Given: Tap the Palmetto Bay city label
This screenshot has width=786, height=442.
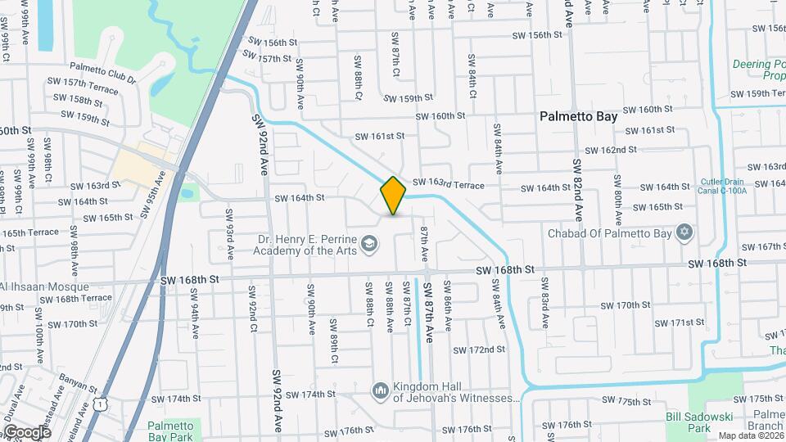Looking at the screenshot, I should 578,116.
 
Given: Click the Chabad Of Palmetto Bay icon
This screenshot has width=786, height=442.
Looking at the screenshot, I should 684,233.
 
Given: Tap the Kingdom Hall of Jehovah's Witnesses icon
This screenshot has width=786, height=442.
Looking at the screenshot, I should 379,390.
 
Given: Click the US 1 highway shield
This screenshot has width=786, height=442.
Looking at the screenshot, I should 100,404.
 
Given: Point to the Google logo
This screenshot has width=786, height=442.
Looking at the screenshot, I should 26,431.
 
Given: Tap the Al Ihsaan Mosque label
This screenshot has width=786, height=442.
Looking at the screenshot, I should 44,287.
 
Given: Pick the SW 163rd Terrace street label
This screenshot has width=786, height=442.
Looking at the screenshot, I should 448,185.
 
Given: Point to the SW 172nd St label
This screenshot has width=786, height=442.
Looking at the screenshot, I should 481,350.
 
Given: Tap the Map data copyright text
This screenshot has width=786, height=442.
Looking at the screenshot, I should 749,435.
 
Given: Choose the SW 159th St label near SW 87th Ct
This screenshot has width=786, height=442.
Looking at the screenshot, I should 409,98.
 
